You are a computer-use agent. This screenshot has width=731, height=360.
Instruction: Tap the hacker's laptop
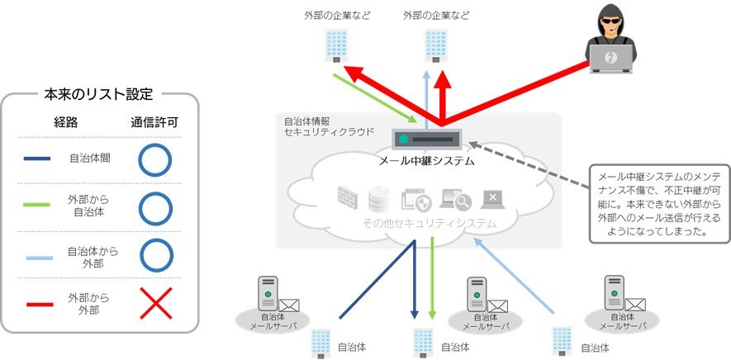[x=612, y=57]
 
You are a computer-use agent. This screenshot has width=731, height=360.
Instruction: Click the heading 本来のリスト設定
[x=98, y=93]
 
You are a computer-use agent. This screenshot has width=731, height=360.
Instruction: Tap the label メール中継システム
[x=426, y=161]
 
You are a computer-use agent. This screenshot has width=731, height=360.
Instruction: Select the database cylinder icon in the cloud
[x=379, y=199]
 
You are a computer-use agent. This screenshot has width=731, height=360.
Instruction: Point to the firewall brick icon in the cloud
[x=348, y=198]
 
